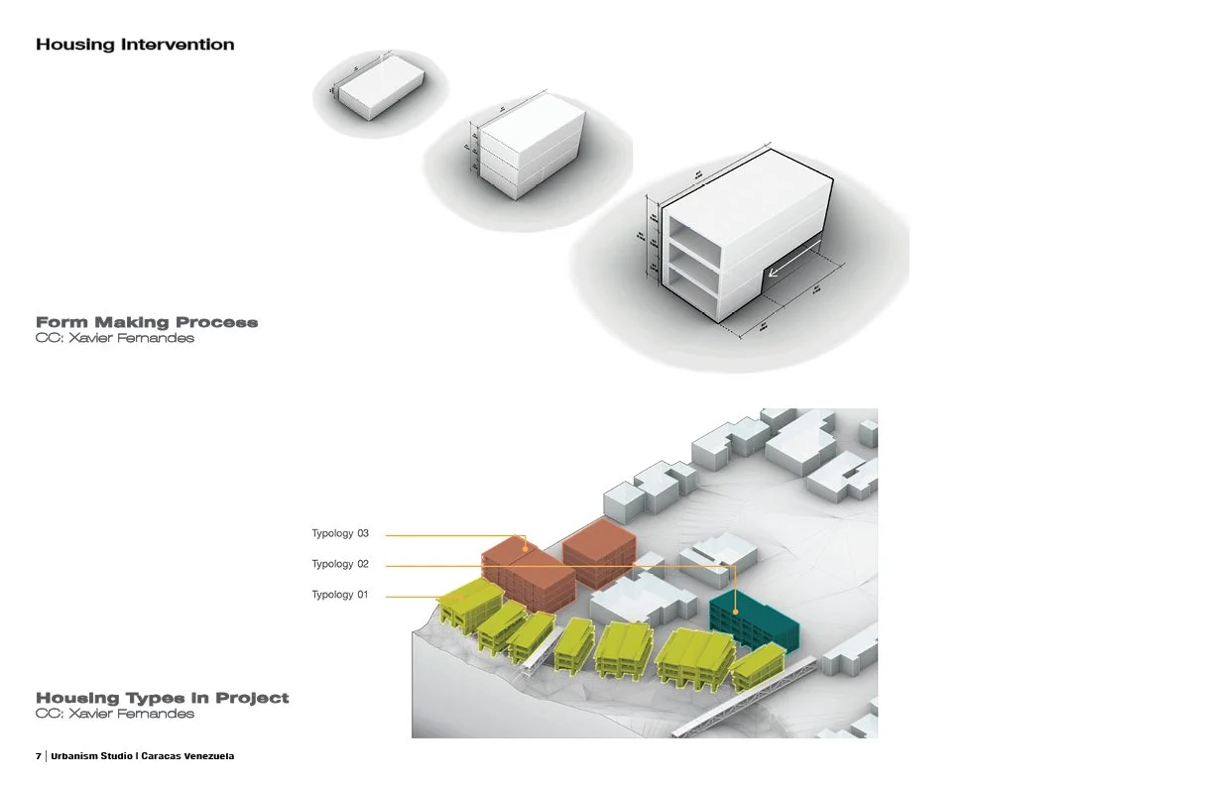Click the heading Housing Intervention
click(x=135, y=45)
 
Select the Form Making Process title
click(x=147, y=322)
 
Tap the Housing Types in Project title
click(x=163, y=698)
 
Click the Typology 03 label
click(x=340, y=534)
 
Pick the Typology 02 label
click(x=340, y=564)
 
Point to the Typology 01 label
click(x=340, y=595)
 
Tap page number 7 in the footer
click(x=39, y=756)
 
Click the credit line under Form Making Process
click(x=115, y=338)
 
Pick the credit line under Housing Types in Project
click(x=115, y=714)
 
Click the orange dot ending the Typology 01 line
click(x=465, y=596)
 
